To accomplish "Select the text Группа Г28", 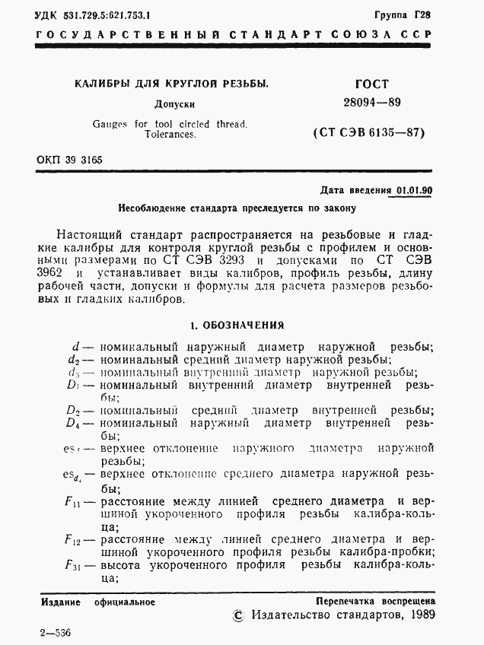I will [x=403, y=14].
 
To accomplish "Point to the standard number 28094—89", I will [x=371, y=103].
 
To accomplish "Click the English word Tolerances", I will [x=170, y=134].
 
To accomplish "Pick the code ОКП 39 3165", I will [x=69, y=160].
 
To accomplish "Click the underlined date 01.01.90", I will [x=414, y=191].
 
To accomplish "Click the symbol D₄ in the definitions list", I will [x=73, y=422].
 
